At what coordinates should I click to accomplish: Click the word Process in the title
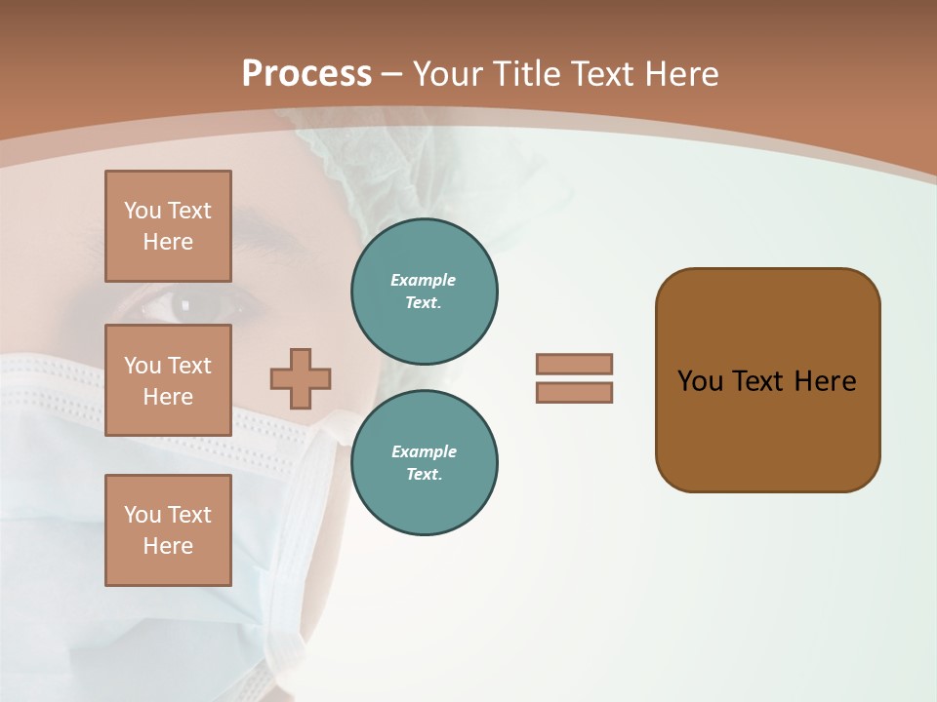[x=306, y=73]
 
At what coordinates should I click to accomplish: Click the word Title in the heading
[x=527, y=73]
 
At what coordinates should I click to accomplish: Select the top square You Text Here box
[x=168, y=226]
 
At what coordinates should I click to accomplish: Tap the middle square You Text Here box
[x=168, y=380]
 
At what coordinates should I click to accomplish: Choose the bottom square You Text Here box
[x=168, y=530]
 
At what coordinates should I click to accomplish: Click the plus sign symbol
[x=301, y=379]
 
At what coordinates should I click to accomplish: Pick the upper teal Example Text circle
[x=425, y=292]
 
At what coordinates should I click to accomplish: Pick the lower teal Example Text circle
[x=425, y=463]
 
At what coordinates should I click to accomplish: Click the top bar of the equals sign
[x=574, y=365]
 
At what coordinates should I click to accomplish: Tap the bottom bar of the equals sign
[x=574, y=393]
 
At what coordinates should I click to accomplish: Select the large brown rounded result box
[x=767, y=380]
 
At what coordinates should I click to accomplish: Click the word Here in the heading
[x=682, y=73]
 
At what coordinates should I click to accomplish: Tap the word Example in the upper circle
[x=424, y=280]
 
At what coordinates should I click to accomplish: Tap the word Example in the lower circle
[x=424, y=451]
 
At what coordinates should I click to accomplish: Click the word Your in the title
[x=449, y=73]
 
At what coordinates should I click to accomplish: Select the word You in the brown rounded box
[x=700, y=381]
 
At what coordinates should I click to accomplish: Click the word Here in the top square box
[x=168, y=242]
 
